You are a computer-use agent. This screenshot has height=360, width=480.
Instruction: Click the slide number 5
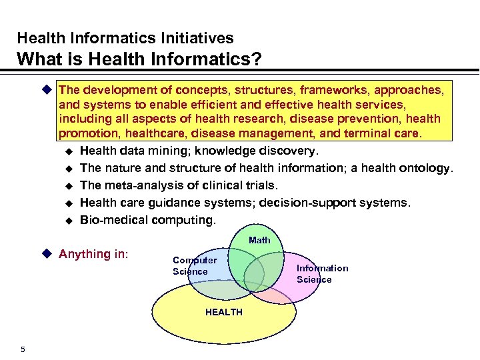[x=23, y=349]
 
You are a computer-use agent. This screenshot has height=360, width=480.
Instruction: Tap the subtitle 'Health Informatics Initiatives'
[x=125, y=38]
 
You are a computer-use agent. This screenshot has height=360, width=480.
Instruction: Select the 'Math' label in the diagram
[x=259, y=240]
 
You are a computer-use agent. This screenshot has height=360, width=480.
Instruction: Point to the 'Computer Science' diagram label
[x=194, y=266]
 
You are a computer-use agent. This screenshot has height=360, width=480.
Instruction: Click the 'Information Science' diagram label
[x=322, y=273]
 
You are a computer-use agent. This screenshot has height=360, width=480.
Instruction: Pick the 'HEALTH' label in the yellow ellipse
[x=224, y=312]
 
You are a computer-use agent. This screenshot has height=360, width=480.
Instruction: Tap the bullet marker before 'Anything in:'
[x=46, y=253]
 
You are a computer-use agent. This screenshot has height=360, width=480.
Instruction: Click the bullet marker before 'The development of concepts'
[x=46, y=89]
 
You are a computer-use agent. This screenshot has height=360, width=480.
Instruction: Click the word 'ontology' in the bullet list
[x=426, y=168]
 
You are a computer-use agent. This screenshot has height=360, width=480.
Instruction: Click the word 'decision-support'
[x=325, y=203]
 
